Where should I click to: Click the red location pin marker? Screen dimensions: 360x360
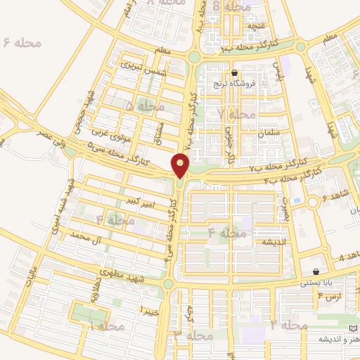tap(181, 166)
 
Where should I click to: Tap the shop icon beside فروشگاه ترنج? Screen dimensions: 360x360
tap(234, 73)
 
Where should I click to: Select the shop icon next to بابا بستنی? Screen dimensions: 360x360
tap(316, 272)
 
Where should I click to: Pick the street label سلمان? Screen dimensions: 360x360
tap(269, 132)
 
